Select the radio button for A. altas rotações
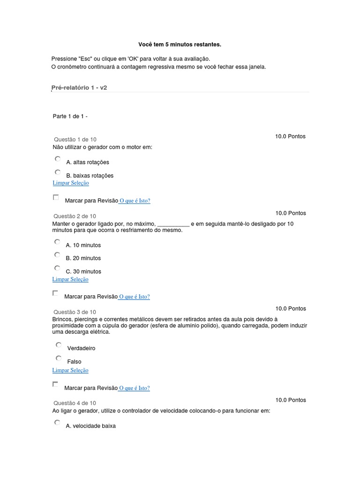57,159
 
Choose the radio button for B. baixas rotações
57,172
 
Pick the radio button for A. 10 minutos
57,242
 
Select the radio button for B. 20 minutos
57,255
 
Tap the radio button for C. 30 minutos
57,268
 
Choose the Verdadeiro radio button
59,345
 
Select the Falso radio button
59,358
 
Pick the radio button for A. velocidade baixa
57,422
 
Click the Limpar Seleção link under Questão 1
71,183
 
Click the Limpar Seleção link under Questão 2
70,279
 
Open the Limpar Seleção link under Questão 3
70,370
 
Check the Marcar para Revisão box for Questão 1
56,197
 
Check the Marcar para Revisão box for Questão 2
55,293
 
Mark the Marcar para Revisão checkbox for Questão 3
55,384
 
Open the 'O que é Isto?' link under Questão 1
135,201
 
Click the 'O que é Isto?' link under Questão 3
135,388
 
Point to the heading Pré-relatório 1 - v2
79,88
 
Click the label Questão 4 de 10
75,403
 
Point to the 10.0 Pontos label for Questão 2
291,213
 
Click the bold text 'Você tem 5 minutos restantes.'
180,45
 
